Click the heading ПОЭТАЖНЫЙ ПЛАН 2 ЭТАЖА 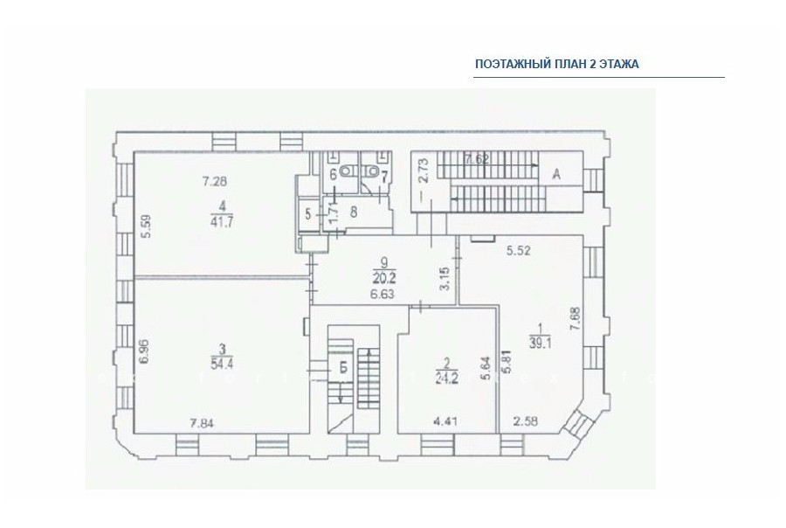pos(557,64)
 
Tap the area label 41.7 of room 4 pos(221,222)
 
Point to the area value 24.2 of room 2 pos(447,378)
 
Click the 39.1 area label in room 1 pos(540,343)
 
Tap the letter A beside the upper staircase pos(556,174)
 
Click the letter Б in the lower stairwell pos(343,368)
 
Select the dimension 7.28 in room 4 pos(214,181)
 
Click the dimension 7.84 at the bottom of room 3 pos(202,423)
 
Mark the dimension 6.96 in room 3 pos(144,355)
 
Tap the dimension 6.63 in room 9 pos(382,295)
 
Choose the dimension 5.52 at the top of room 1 pos(518,250)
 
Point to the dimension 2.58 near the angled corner pos(526,421)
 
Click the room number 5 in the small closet pos(307,214)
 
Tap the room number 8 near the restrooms pos(354,212)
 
